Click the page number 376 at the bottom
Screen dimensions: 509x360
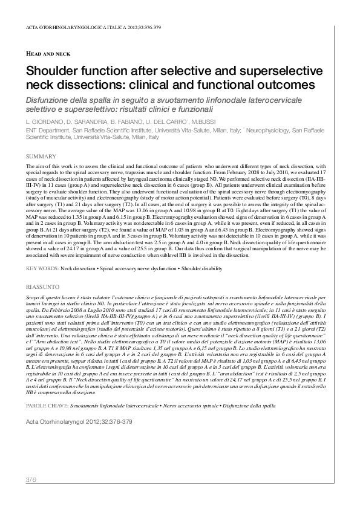pyautogui.click(x=31, y=480)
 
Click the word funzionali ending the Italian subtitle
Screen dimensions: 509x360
pyautogui.click(x=194, y=110)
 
